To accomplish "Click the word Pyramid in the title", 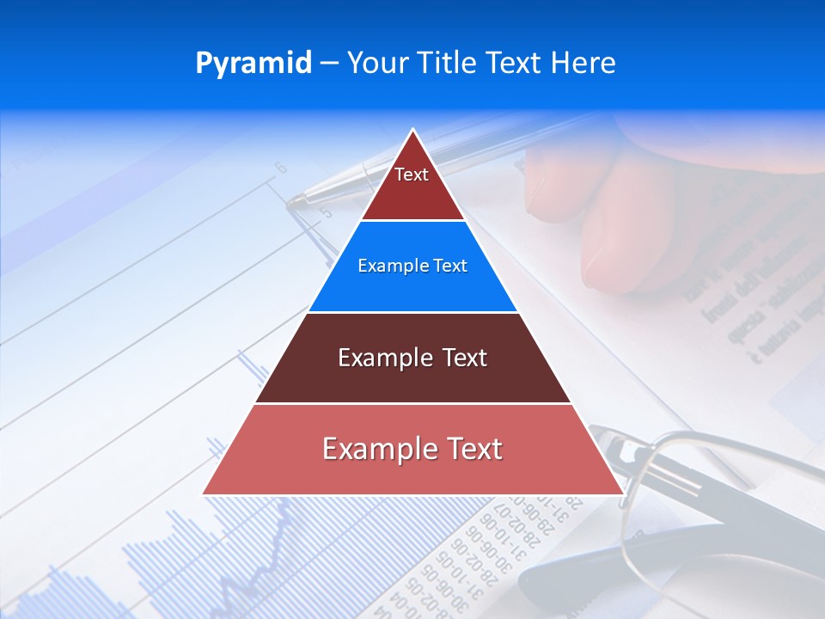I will [x=254, y=63].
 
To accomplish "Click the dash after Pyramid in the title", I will [x=328, y=64].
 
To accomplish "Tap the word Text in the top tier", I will [x=412, y=175].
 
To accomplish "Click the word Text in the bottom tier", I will [x=472, y=449].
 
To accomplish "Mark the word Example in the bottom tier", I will [x=378, y=449].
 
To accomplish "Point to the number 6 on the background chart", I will [x=280, y=169].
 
